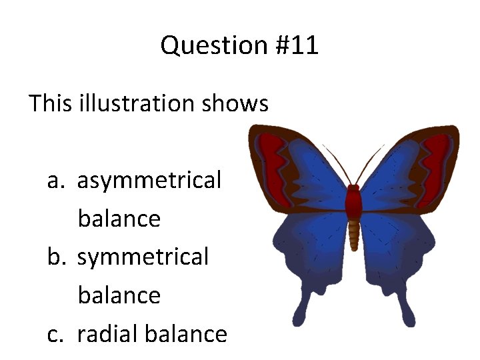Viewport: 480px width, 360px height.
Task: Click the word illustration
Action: (145, 103)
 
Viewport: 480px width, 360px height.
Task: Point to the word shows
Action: (245, 103)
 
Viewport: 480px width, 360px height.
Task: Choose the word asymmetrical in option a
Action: (149, 181)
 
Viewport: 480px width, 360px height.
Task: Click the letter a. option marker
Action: (56, 181)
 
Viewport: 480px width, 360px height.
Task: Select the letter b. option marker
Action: (57, 257)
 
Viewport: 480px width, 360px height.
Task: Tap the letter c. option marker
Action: (56, 334)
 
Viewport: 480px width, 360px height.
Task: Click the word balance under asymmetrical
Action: (119, 219)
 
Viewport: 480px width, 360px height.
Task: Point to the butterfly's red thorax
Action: (353, 200)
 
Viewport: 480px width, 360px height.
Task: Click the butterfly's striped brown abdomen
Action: (354, 233)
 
